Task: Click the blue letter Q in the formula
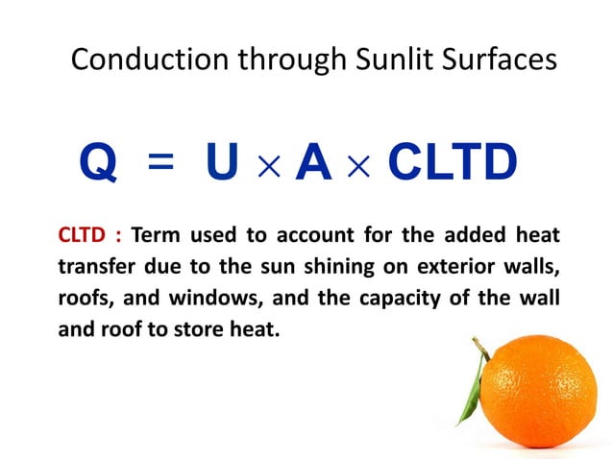[x=98, y=164]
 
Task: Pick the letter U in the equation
[x=223, y=164]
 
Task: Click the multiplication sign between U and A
[x=269, y=166]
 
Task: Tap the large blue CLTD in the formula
[x=451, y=164]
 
